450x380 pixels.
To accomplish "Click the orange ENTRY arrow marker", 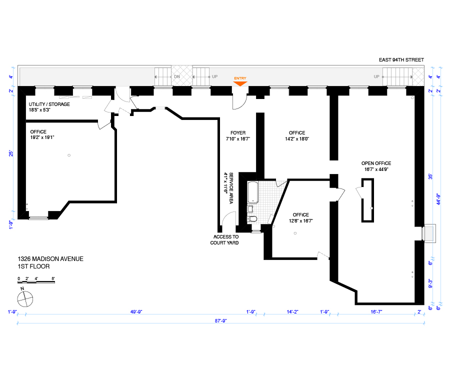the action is coord(240,83).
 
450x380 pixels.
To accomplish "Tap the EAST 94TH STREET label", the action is coord(401,60).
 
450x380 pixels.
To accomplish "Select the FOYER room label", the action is coord(238,133).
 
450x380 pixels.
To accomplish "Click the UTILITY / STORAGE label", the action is coord(49,104).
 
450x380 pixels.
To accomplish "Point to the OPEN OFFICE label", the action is coord(376,163).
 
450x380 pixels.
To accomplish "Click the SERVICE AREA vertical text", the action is coord(231,188).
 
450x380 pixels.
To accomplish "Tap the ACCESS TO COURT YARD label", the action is coord(224,239).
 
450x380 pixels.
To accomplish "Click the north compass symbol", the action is coord(25,299).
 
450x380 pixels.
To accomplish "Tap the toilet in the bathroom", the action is coord(252,219).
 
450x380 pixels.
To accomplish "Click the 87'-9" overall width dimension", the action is coord(220,321).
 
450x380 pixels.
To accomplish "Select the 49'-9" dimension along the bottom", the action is coord(136,312).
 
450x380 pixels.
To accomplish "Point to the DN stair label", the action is coord(177,76).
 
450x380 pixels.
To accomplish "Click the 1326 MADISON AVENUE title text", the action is coord(50,259).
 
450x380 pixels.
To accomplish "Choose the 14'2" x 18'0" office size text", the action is coord(297,139).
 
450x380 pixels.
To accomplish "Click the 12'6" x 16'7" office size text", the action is coord(301,221).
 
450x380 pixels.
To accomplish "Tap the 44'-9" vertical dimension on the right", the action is coord(438,199).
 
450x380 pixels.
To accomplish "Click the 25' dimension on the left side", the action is coord(11,153).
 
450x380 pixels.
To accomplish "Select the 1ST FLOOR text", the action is coord(33,266).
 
